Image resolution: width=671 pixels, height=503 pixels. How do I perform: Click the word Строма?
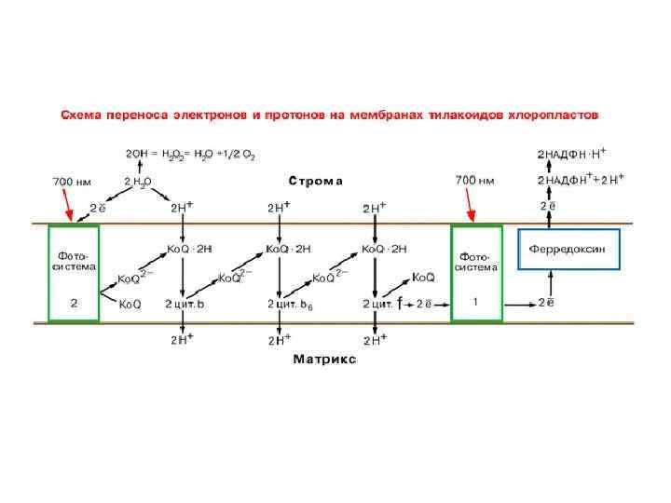coord(315,181)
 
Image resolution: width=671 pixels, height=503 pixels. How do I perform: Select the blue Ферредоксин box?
coord(568,249)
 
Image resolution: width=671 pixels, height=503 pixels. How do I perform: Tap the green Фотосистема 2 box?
coord(74,273)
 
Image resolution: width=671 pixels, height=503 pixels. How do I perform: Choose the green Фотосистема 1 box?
coord(476,273)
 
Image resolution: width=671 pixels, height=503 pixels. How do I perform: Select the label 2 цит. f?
coord(382,304)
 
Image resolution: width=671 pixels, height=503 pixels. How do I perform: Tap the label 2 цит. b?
coord(185,304)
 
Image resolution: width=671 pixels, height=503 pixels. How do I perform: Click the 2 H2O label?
coord(138,182)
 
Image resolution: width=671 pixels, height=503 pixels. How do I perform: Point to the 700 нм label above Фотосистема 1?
coord(473,179)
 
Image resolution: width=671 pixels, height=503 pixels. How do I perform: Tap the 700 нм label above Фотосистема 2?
coord(70,179)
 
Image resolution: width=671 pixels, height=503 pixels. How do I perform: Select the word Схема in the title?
coord(82,116)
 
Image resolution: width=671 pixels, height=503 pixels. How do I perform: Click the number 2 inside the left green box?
coord(74,303)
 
